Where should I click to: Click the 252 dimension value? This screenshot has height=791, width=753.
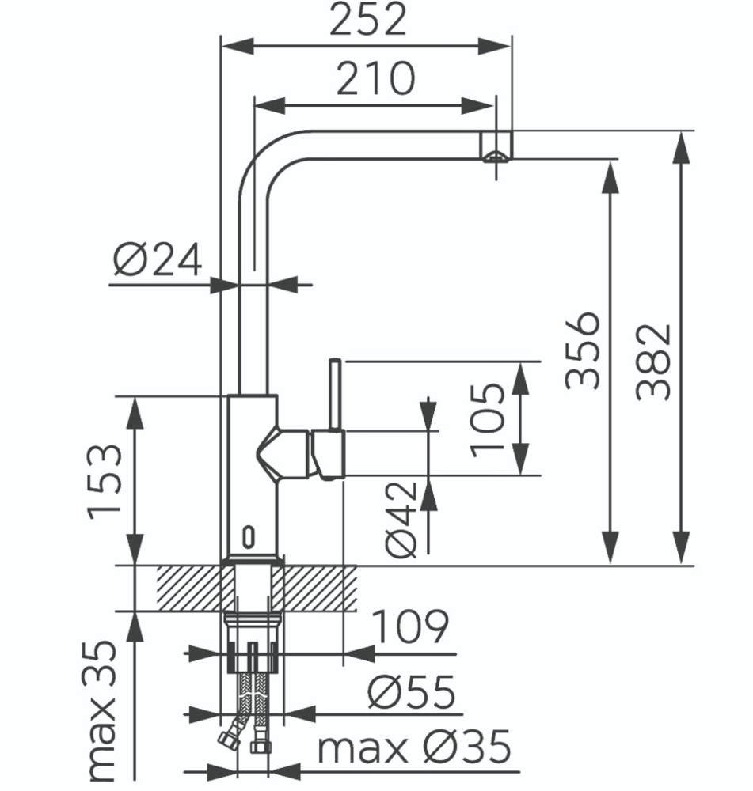pyautogui.click(x=367, y=20)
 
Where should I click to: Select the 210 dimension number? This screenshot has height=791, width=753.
pyautogui.click(x=375, y=78)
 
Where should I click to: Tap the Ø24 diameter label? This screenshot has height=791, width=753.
pyautogui.click(x=158, y=259)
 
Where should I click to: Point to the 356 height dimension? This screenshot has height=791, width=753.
pyautogui.click(x=584, y=350)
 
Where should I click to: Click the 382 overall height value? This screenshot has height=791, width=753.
pyautogui.click(x=653, y=362)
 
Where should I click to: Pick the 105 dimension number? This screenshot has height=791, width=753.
pyautogui.click(x=488, y=420)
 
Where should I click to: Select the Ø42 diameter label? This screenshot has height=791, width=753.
pyautogui.click(x=401, y=520)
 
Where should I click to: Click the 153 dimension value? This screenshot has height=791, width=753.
pyautogui.click(x=105, y=483)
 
